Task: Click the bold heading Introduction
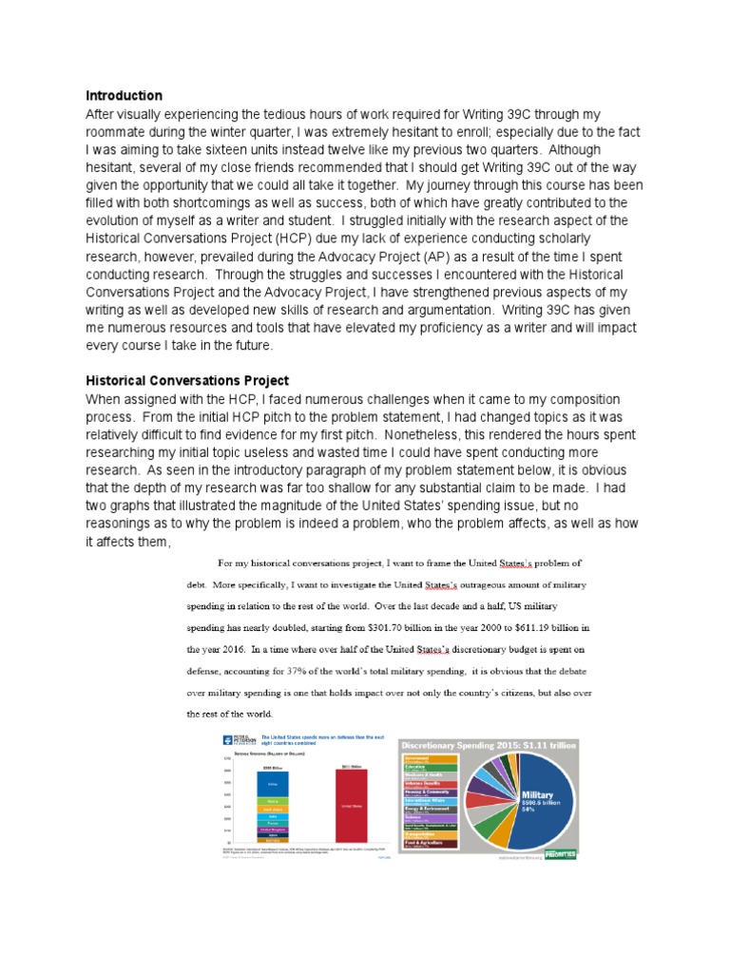point(124,96)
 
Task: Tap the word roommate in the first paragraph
point(123,132)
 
